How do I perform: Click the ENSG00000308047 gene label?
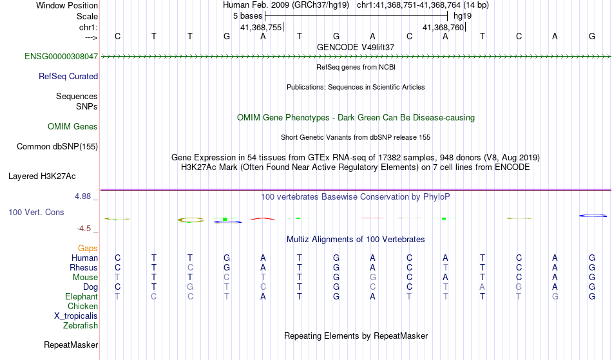(x=61, y=57)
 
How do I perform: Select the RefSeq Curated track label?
(x=68, y=77)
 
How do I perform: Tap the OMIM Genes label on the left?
(x=73, y=127)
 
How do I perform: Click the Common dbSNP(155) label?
(x=57, y=147)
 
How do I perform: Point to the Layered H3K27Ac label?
(x=42, y=176)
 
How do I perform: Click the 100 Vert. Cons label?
(x=36, y=212)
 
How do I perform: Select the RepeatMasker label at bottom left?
(x=71, y=345)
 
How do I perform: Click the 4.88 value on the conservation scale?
(x=82, y=196)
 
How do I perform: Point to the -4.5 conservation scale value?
(x=84, y=229)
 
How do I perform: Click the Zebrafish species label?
(x=81, y=326)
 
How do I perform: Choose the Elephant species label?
(x=82, y=297)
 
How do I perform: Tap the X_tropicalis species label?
(x=76, y=316)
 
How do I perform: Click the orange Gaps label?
(x=88, y=249)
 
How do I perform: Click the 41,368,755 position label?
(x=261, y=28)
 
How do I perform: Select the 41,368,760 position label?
(x=443, y=28)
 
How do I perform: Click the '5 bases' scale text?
(x=248, y=16)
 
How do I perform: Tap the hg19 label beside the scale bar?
(x=463, y=16)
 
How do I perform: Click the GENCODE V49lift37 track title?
(x=356, y=47)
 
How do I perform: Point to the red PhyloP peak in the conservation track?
(x=263, y=218)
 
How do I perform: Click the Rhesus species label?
(x=84, y=267)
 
